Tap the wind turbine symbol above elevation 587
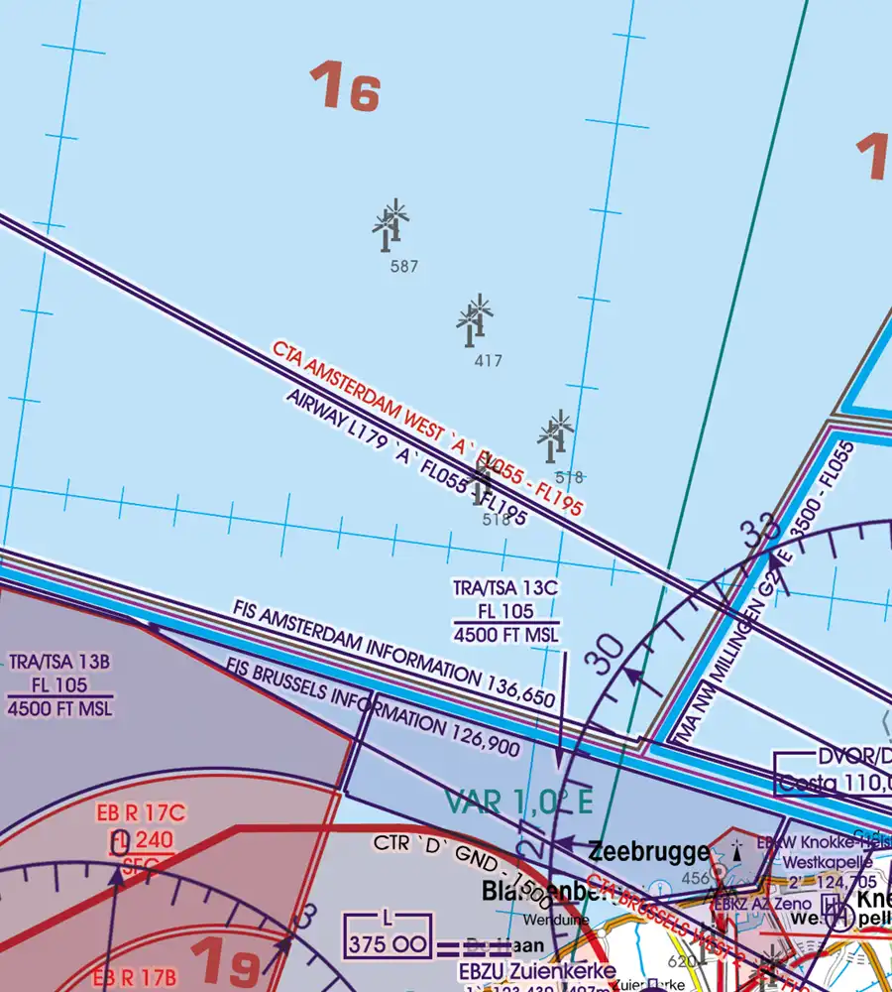[x=390, y=222]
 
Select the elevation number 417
[x=488, y=361]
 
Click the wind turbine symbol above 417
[x=474, y=318]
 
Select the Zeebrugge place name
[x=649, y=851]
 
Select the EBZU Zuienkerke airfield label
[x=536, y=970]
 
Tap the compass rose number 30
[x=612, y=656]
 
